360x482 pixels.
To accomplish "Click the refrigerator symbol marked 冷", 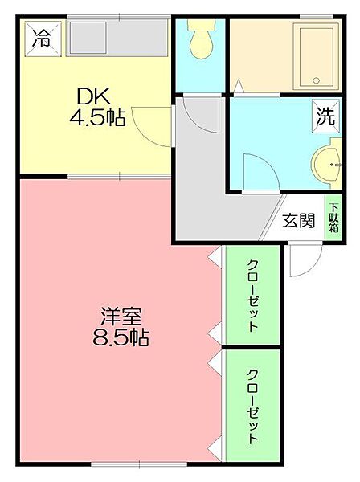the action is click(x=43, y=39).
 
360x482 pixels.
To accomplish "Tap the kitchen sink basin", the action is click(x=88, y=37).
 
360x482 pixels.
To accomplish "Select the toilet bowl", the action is click(x=202, y=44).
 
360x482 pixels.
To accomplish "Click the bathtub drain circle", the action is click(x=317, y=80).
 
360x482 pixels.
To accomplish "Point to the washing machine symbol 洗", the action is click(x=326, y=116).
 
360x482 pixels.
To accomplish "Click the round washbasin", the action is click(x=326, y=165).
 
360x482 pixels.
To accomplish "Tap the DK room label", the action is click(x=93, y=96).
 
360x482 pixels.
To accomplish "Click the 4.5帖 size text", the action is click(x=97, y=117).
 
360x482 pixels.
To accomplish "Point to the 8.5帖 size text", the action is click(x=121, y=337).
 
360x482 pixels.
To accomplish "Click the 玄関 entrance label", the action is click(x=299, y=220).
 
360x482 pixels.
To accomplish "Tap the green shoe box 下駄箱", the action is click(x=333, y=218).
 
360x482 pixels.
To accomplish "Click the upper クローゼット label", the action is click(x=253, y=296).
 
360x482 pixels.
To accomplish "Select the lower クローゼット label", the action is click(x=253, y=406).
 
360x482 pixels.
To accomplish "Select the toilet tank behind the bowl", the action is click(x=202, y=25).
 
